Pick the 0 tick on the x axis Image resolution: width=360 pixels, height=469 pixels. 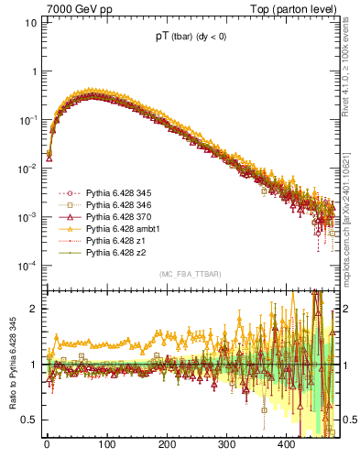47,444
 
